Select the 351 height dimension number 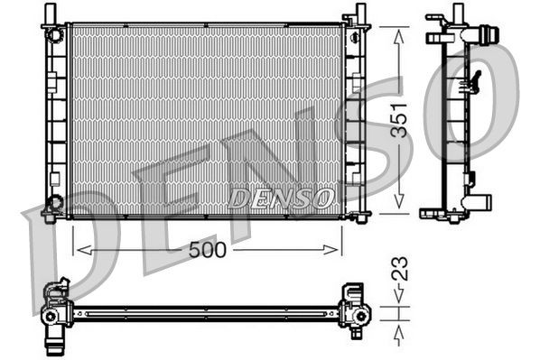tap(398, 119)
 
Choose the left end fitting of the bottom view tap(56, 308)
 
